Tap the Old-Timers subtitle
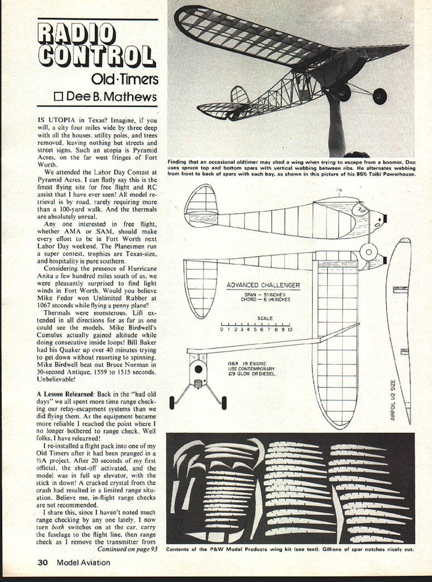[124, 79]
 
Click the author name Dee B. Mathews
[111, 97]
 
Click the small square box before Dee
[59, 97]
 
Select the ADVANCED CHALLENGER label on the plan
[263, 285]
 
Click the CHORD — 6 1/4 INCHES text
[265, 300]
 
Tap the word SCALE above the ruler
[265, 318]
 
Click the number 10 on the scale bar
[290, 330]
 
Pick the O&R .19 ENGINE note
[247, 364]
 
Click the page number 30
[43, 562]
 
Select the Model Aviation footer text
[83, 562]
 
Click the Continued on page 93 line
[127, 549]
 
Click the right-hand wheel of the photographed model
[380, 96]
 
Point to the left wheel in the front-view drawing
[172, 403]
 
